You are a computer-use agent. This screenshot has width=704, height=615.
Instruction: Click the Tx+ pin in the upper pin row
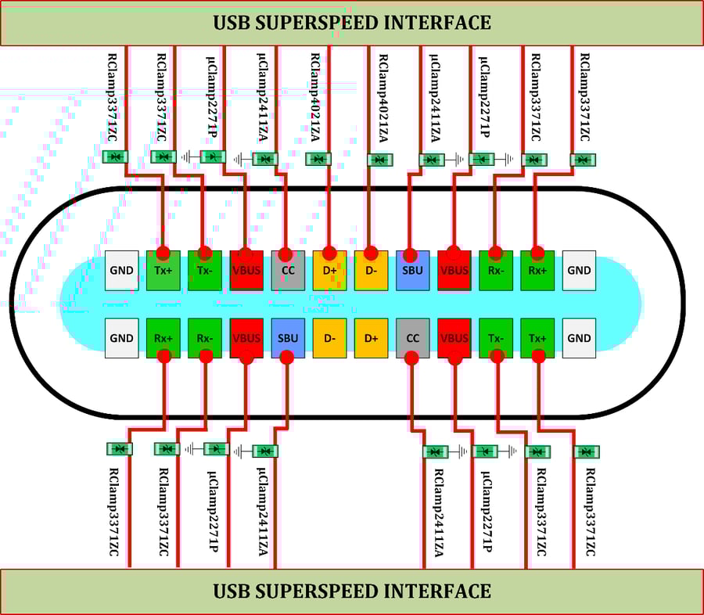click(163, 271)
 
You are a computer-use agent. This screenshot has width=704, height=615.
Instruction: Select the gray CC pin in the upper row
click(287, 271)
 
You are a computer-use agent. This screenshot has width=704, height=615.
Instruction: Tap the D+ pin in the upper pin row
click(329, 271)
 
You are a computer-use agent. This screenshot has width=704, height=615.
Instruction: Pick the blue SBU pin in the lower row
click(287, 338)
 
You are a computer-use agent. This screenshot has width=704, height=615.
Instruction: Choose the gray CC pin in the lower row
click(412, 338)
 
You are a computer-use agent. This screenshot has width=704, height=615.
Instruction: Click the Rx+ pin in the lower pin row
click(163, 338)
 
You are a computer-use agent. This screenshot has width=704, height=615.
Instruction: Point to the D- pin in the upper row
click(371, 271)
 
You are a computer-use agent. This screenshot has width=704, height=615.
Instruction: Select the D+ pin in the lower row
click(371, 338)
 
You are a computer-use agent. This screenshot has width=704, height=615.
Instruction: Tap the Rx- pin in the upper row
click(495, 271)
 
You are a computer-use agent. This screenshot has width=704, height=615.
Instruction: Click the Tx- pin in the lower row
click(495, 338)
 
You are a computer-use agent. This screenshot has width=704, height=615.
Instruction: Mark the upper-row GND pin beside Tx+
click(122, 271)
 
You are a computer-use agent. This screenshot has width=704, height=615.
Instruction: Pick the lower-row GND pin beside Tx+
click(579, 338)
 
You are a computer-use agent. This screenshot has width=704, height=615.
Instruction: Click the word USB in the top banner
click(232, 23)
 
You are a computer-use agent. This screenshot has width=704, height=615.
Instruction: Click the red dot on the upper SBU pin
click(412, 254)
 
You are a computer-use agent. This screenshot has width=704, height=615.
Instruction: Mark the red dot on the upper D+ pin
click(329, 254)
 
